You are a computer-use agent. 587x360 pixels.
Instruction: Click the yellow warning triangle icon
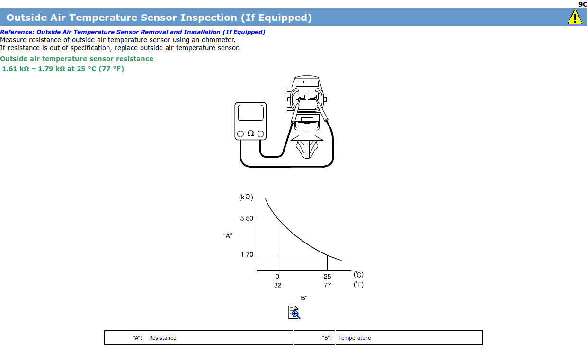pos(575,18)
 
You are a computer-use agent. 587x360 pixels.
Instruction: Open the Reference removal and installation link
pos(133,32)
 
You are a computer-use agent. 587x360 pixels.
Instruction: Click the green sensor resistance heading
pos(77,59)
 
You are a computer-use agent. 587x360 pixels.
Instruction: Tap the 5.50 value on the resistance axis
pos(247,218)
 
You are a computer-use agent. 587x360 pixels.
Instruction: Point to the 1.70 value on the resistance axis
pos(247,254)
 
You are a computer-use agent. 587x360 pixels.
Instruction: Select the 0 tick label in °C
pos(277,276)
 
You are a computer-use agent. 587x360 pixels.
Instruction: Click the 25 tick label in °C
pos(327,276)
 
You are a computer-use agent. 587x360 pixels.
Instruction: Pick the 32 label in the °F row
pos(278,285)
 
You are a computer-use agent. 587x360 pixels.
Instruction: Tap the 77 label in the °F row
pos(327,285)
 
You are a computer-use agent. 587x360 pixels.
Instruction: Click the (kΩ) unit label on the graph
pos(246,197)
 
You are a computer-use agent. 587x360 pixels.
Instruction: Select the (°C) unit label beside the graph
pos(358,275)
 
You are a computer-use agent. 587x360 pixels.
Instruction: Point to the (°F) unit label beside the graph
pos(358,285)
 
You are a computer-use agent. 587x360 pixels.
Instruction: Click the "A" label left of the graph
pos(228,236)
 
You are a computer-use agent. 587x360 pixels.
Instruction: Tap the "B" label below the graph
pos(303,298)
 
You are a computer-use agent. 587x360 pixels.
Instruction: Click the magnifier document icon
pos(294,312)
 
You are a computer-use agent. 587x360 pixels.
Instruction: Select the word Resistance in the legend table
pos(162,338)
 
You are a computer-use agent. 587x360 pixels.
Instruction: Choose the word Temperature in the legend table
pos(354,338)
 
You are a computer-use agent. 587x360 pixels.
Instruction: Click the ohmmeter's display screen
pos(251,113)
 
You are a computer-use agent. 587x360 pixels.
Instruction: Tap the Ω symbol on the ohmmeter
pos(250,134)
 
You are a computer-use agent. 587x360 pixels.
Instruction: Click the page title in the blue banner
pos(159,18)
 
